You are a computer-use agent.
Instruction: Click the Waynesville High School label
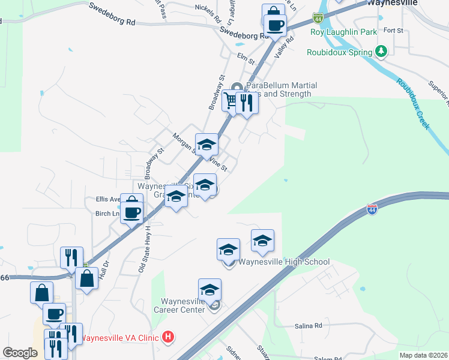(284, 262)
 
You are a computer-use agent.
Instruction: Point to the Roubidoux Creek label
(412, 103)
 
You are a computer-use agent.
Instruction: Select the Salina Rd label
(309, 326)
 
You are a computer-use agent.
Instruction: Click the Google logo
(20, 353)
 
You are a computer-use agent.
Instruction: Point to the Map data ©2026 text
(423, 355)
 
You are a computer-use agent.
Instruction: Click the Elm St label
(246, 59)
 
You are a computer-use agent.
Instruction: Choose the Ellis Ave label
(109, 199)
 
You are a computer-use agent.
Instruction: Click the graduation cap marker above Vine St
(206, 145)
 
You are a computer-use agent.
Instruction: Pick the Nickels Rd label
(208, 8)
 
